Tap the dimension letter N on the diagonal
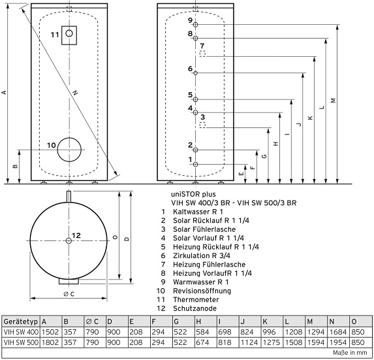tap(75, 92)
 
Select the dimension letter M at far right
tap(334, 101)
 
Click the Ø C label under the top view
tap(69, 294)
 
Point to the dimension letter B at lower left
tap(15, 166)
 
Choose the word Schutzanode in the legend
tap(195, 308)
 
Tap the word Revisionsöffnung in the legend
tap(202, 291)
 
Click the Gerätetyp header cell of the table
tap(20, 322)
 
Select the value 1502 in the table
tap(50, 332)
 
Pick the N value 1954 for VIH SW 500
tap(338, 342)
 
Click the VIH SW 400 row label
tap(21, 332)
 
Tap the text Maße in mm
tap(350, 353)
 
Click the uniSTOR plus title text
tap(193, 194)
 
